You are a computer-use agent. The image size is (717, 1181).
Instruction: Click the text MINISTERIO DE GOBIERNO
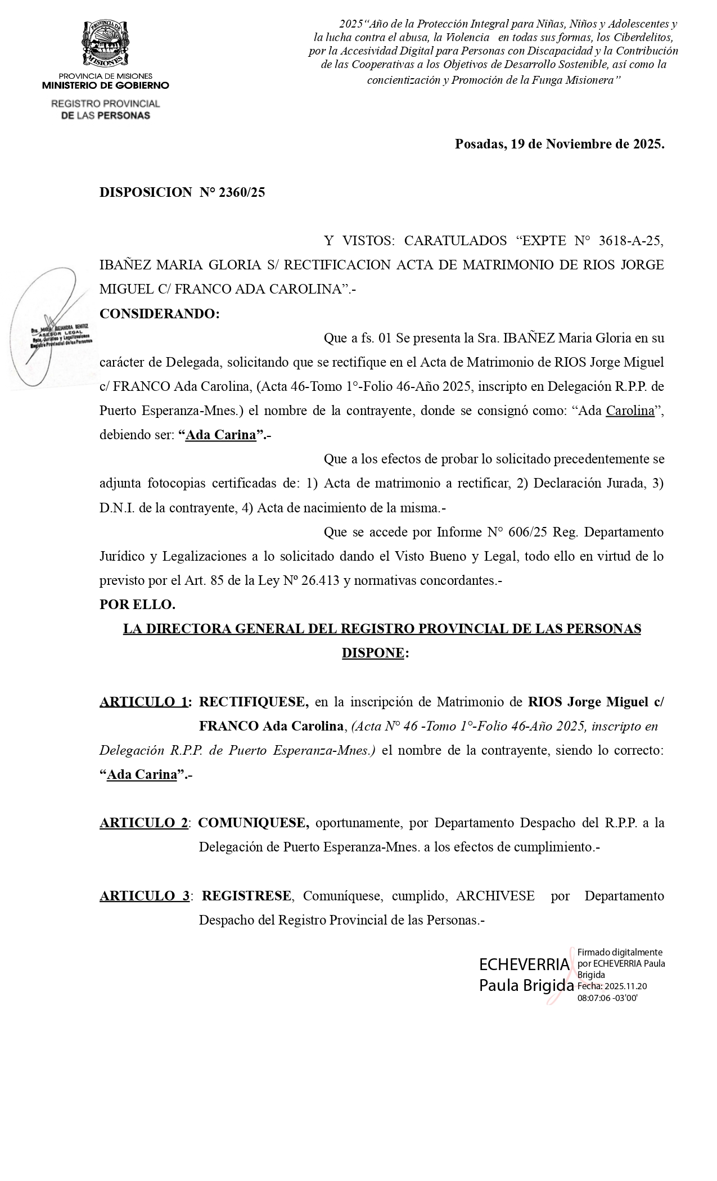tap(105, 85)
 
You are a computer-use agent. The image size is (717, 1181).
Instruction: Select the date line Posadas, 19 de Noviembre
tap(559, 144)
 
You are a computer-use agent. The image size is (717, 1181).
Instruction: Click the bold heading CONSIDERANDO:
tap(159, 314)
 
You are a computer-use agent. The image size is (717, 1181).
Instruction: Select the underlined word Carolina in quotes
tap(630, 411)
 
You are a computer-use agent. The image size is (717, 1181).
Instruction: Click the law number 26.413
tap(320, 580)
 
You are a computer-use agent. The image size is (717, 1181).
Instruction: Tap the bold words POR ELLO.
tap(137, 605)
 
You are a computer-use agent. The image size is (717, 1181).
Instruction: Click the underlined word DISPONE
tap(373, 653)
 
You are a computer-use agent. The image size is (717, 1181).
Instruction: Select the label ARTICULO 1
tap(143, 702)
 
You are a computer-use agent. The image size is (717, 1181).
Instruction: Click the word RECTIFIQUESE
tap(254, 702)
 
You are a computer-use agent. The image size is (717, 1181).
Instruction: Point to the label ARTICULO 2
tap(143, 823)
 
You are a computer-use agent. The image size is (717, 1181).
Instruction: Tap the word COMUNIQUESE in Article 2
tap(254, 823)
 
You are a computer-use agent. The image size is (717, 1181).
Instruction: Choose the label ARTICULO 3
tap(145, 896)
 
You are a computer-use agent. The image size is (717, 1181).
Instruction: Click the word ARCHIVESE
tap(495, 896)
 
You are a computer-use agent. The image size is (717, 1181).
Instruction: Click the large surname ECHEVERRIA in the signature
tap(524, 964)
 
